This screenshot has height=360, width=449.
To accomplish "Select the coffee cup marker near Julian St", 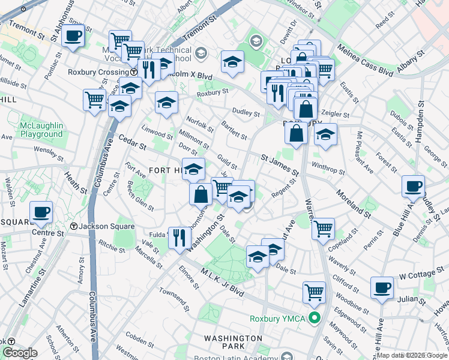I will pyautogui.click(x=382, y=289).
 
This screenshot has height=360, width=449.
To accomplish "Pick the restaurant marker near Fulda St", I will pyautogui.click(x=180, y=238).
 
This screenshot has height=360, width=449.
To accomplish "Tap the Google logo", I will pyautogui.click(x=20, y=353).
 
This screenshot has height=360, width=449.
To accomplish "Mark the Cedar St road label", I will pyautogui.click(x=132, y=143).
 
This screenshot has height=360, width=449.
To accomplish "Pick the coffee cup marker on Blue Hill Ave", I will pyautogui.click(x=413, y=187).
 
